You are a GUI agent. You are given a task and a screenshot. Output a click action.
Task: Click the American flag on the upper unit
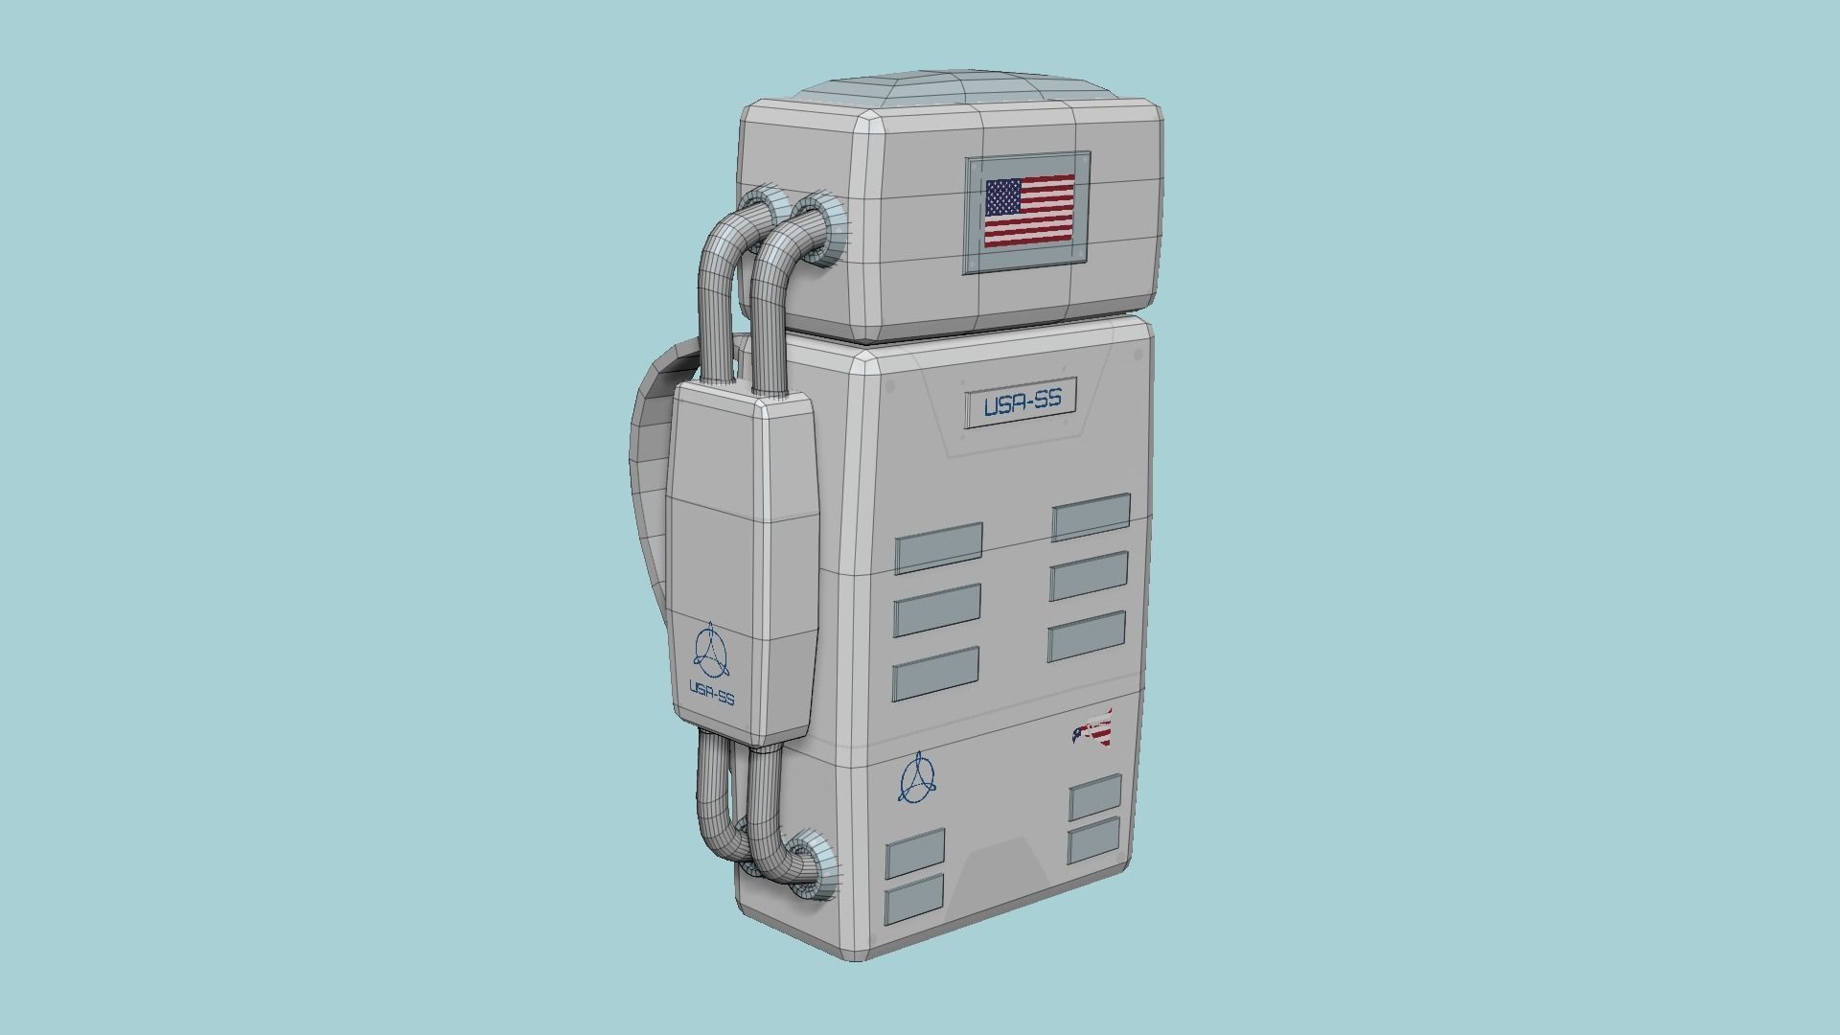[1029, 211]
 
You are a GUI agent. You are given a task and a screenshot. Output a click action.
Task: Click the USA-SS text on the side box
[712, 693]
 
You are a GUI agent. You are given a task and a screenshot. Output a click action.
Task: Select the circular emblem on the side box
[710, 651]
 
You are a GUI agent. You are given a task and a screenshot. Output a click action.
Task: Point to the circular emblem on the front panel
[917, 777]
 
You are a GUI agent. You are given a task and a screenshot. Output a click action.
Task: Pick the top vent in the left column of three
[938, 548]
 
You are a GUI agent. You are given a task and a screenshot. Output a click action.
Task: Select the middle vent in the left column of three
[937, 609]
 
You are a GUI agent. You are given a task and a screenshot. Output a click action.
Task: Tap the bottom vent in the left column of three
[935, 674]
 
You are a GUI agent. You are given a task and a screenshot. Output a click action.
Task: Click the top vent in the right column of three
[1091, 517]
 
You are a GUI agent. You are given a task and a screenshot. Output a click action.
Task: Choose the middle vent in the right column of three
[1089, 575]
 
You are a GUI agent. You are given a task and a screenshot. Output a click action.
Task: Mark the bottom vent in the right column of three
[1087, 636]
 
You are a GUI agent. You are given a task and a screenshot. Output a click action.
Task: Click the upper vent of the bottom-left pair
[915, 853]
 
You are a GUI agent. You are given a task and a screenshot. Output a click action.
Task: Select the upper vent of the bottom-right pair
[1095, 797]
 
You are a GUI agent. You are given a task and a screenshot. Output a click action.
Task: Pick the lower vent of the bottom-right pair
[1093, 841]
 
